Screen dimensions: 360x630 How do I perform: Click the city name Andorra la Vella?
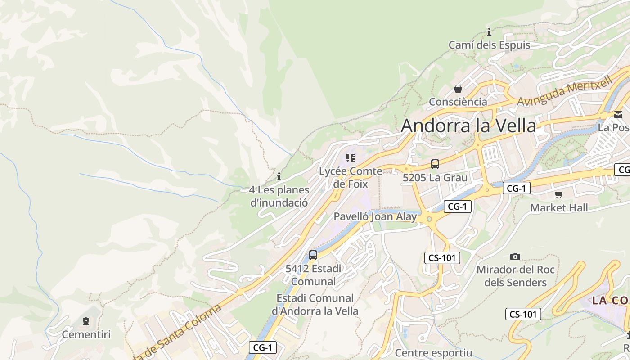coord(468,126)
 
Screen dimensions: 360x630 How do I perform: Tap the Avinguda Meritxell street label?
coord(564,91)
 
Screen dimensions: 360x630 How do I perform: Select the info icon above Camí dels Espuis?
coord(489,32)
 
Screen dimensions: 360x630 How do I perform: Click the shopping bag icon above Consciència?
coord(458,89)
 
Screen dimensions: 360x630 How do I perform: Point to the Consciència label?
coord(458,102)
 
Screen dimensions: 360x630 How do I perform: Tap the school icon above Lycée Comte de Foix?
coord(351,158)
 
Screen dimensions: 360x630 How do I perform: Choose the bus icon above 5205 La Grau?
coord(435,164)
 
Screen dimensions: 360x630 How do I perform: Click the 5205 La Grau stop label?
coord(435,178)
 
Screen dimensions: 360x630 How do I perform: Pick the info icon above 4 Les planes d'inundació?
coord(279,176)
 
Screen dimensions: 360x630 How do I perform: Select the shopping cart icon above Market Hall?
coord(559,194)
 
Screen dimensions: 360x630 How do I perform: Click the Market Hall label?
coord(559,208)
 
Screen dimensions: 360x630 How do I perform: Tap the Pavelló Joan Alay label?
coord(375,216)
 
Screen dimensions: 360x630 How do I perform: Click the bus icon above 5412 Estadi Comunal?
coord(313,255)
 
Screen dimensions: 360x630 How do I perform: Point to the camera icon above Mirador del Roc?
coord(515,256)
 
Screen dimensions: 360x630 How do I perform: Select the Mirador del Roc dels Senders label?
coord(515,276)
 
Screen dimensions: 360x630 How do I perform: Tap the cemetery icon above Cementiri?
coord(86,321)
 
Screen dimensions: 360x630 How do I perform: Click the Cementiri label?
coord(86,335)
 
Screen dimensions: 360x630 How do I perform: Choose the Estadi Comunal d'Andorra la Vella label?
coord(315,304)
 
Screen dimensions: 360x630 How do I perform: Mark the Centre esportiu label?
coord(433,353)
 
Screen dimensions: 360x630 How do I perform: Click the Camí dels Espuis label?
coord(489,45)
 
